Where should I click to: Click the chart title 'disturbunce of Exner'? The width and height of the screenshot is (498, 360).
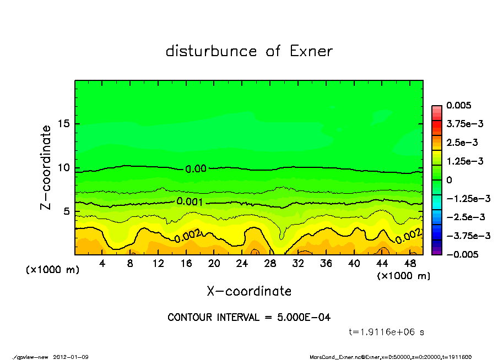pyautogui.click(x=249, y=51)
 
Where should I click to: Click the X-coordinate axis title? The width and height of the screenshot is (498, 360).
pyautogui.click(x=249, y=291)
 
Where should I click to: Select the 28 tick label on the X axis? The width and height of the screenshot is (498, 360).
pyautogui.click(x=270, y=264)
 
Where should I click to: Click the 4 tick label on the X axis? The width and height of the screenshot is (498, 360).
pyautogui.click(x=102, y=264)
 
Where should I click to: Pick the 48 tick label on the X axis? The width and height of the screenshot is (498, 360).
pyautogui.click(x=410, y=264)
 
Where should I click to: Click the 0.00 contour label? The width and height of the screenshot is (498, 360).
pyautogui.click(x=196, y=169)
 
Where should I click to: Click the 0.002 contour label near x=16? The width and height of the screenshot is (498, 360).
pyautogui.click(x=188, y=237)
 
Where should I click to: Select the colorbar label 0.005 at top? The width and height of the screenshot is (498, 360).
pyautogui.click(x=457, y=105)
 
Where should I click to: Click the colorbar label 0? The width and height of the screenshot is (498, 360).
pyautogui.click(x=450, y=180)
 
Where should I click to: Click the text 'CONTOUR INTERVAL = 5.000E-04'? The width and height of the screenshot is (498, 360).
pyautogui.click(x=249, y=318)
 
